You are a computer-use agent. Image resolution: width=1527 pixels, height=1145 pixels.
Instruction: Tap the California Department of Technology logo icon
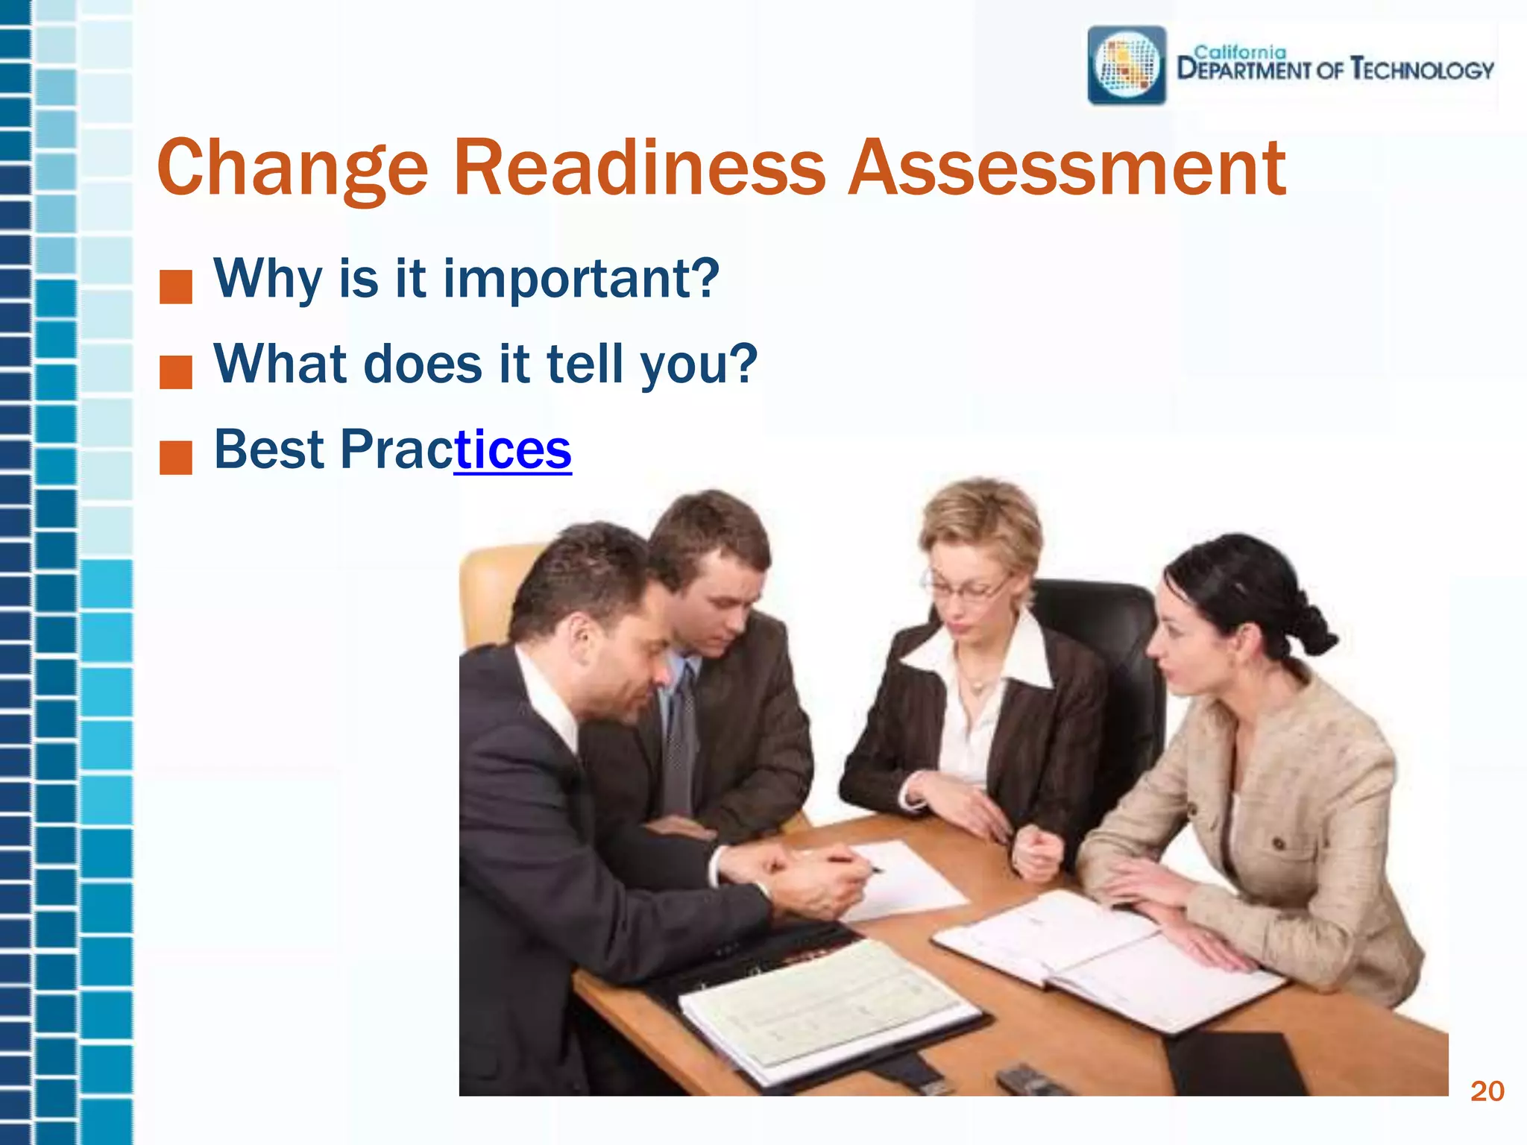coord(1127,66)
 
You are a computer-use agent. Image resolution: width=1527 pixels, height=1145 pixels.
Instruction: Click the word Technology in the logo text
coord(1422,69)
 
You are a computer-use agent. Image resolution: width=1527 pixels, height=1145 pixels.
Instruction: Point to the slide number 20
coord(1487,1091)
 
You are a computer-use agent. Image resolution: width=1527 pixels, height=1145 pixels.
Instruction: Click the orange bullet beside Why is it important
coord(176,287)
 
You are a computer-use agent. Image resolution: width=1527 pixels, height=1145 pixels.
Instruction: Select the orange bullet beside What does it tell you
coord(176,373)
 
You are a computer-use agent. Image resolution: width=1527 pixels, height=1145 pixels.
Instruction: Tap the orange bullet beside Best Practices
coord(176,458)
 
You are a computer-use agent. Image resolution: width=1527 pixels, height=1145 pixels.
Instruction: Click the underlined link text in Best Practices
coord(513,450)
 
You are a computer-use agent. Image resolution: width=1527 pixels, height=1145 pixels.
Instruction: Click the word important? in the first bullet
coord(582,280)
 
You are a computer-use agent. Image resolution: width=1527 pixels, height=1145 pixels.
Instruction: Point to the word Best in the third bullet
coord(269,450)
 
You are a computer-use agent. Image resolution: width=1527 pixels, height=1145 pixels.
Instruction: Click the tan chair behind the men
coord(492,589)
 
